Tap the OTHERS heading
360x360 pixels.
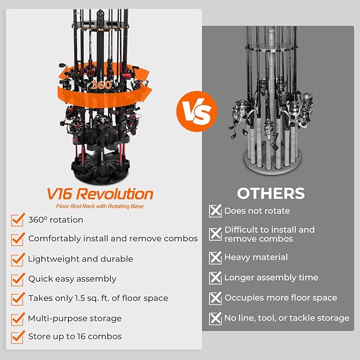coord(270,193)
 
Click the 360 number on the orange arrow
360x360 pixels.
coord(100,85)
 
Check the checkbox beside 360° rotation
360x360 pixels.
coord(17,220)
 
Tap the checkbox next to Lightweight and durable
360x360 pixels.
coord(17,259)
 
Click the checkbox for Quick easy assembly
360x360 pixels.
coord(17,279)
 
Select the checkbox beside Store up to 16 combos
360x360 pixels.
coord(17,337)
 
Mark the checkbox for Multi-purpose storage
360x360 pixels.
coord(17,318)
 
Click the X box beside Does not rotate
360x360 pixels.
coord(215,211)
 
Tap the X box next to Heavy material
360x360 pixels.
coord(215,258)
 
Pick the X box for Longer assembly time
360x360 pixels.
coord(215,278)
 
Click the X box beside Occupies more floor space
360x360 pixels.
coord(215,298)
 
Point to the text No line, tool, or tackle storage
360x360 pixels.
coord(286,318)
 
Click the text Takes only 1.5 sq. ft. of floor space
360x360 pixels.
coord(98,298)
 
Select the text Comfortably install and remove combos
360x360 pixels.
coord(113,239)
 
